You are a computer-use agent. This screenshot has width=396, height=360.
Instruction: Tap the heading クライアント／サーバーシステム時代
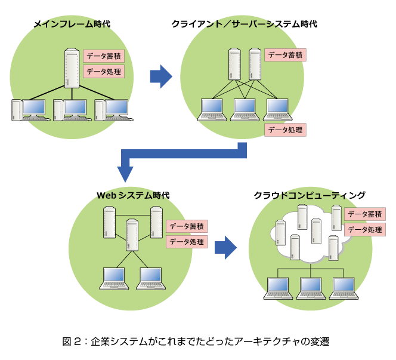(x=244, y=24)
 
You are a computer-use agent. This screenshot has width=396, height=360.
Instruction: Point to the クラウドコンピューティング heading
(x=310, y=195)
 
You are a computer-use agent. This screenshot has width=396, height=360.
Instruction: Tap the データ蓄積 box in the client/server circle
(x=286, y=55)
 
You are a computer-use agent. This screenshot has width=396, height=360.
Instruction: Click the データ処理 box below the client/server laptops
(x=285, y=130)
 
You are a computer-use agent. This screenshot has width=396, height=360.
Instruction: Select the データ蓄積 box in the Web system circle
(x=187, y=226)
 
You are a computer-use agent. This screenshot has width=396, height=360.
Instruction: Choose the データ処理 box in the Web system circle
(x=187, y=242)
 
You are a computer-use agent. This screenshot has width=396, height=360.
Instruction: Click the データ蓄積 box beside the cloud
(x=364, y=214)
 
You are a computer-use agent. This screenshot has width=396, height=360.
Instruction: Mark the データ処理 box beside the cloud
(x=364, y=229)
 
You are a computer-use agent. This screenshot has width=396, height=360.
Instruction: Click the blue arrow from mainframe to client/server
(x=160, y=76)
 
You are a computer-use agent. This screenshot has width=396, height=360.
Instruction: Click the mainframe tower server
(x=72, y=69)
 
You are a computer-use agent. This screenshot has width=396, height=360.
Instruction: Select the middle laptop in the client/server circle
(x=243, y=109)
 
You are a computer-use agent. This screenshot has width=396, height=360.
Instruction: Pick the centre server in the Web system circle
(x=132, y=235)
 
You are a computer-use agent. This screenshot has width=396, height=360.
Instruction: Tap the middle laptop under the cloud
(x=310, y=288)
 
